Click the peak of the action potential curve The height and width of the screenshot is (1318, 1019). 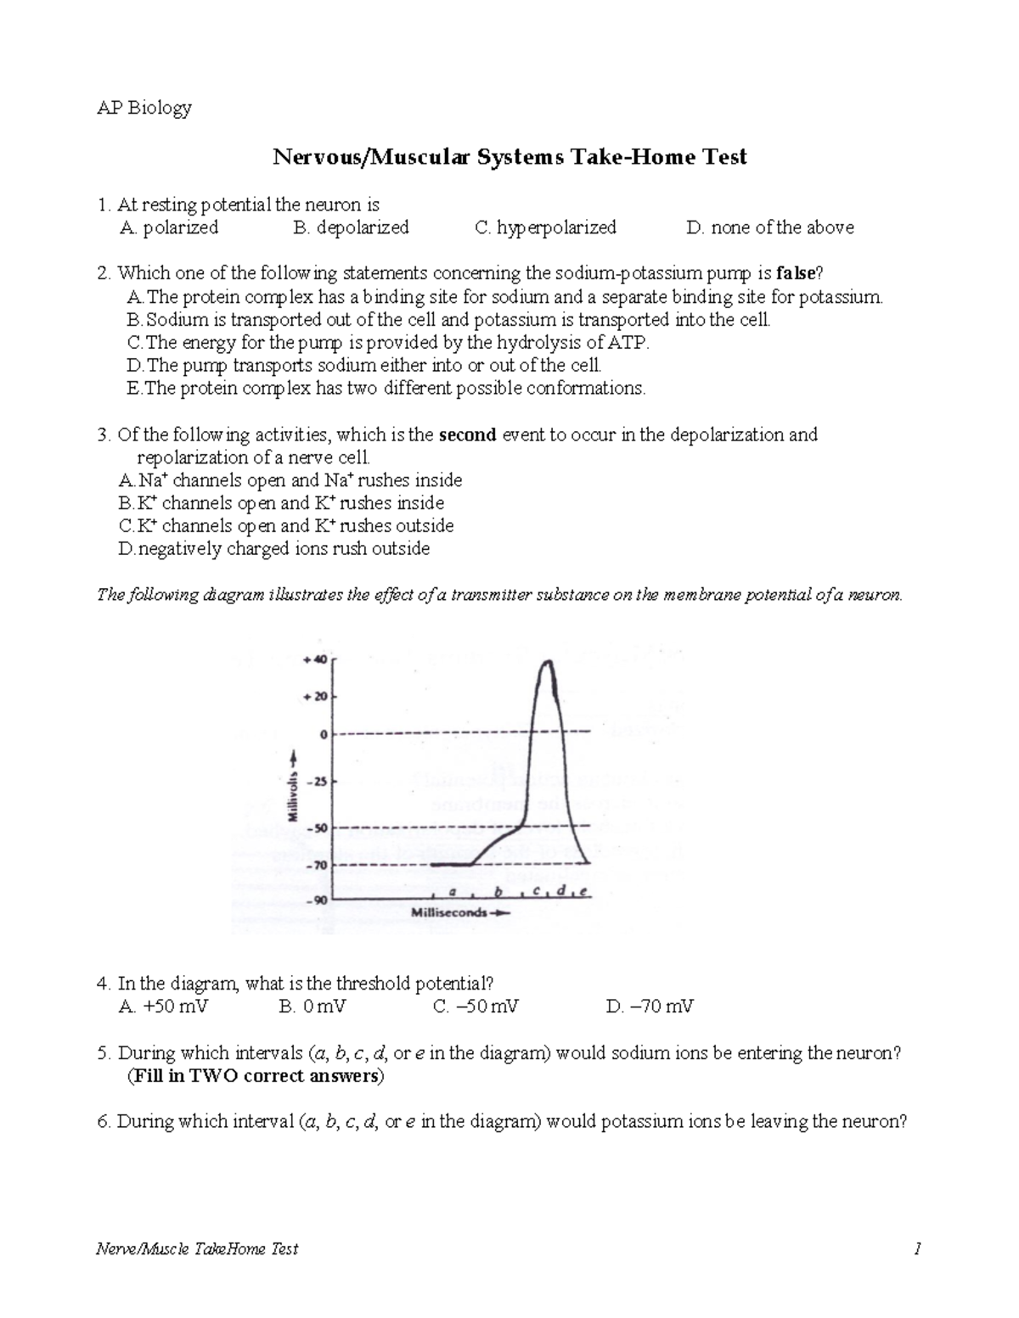tap(548, 661)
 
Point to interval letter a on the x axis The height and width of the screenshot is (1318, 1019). tap(453, 892)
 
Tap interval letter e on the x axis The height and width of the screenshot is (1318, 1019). tap(584, 891)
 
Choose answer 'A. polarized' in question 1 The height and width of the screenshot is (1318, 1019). tap(170, 227)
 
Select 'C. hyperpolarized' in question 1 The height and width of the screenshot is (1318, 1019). tap(546, 227)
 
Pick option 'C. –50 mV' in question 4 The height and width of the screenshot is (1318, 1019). tap(476, 1007)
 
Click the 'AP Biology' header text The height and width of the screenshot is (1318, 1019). tap(145, 108)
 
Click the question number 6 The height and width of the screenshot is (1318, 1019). tap(104, 1122)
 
